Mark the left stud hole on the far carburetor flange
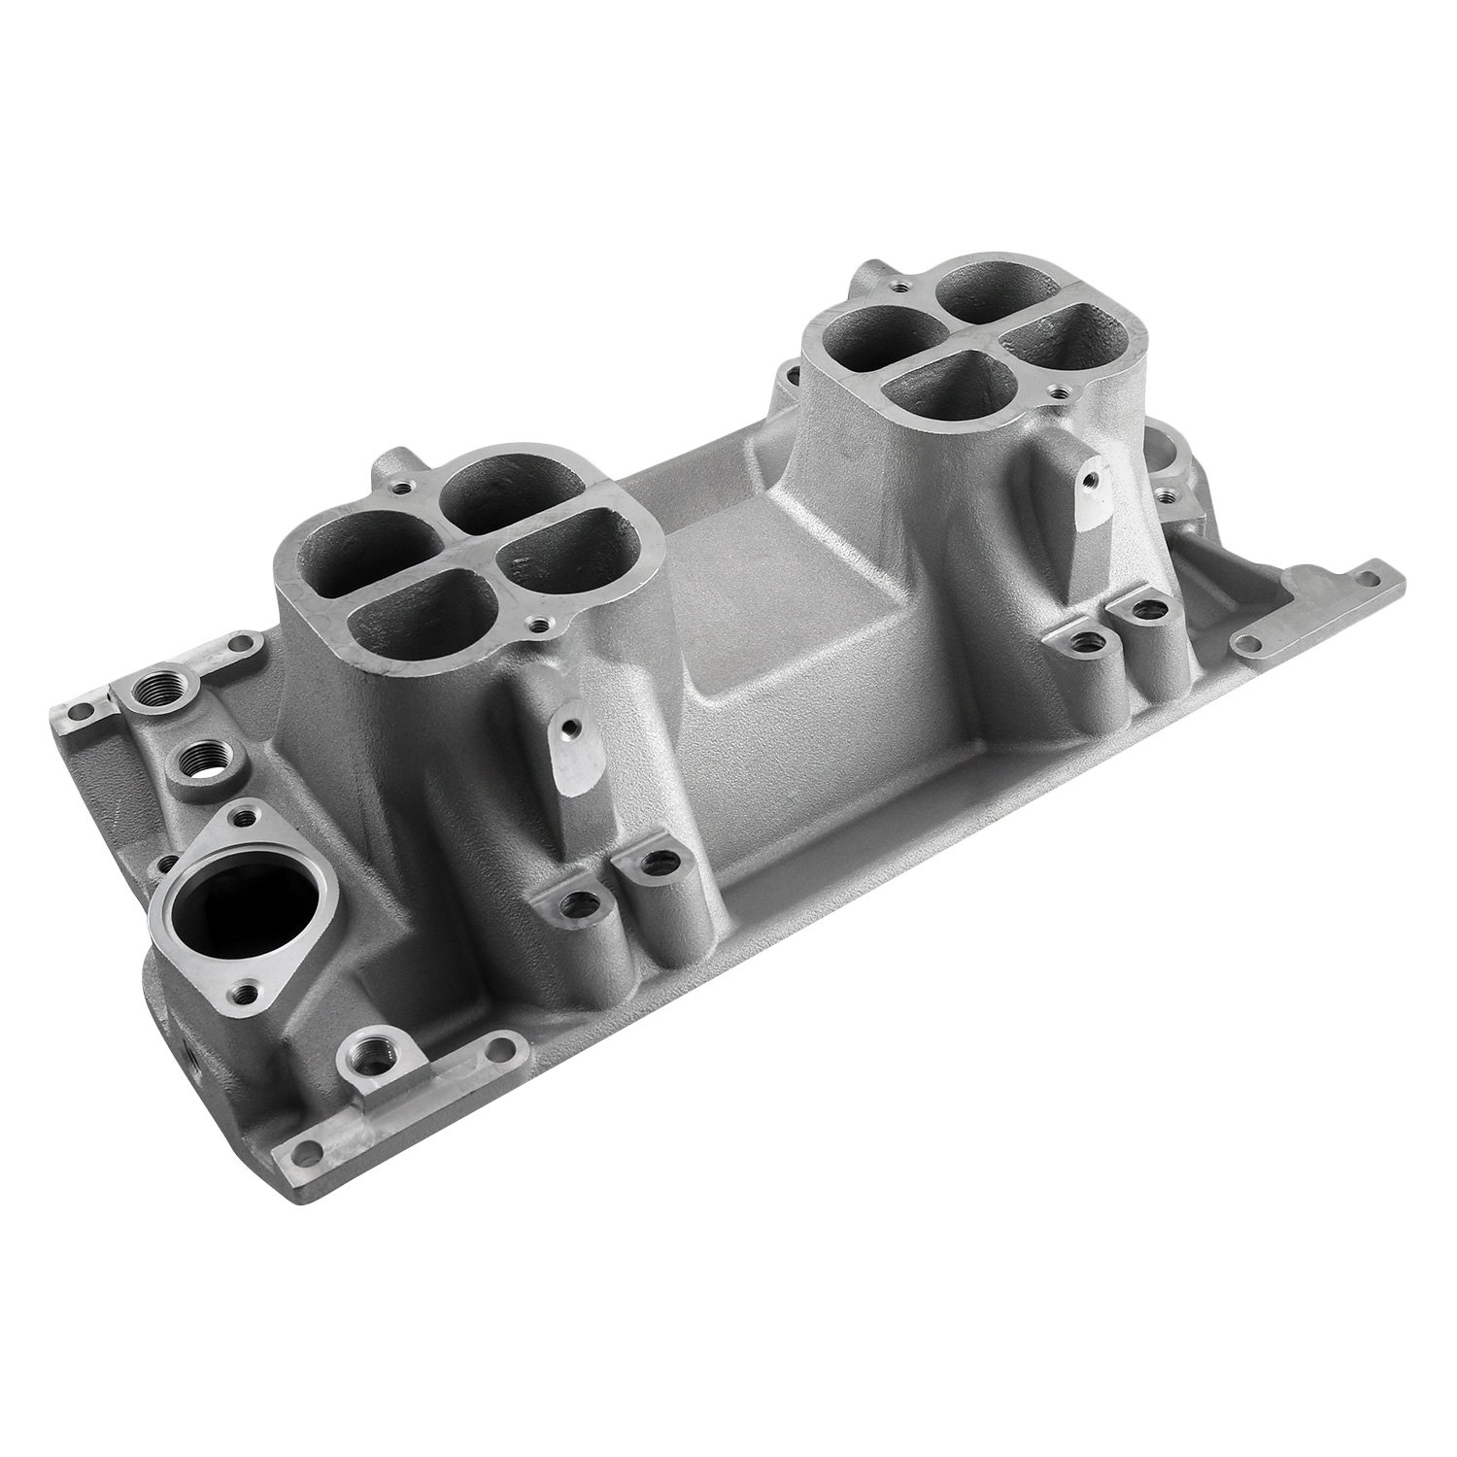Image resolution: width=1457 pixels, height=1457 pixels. (x=825, y=314)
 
